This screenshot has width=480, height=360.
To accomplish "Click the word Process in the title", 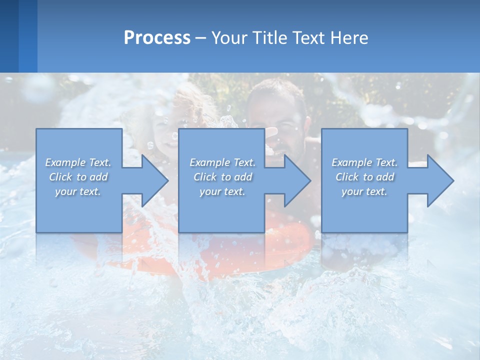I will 157,38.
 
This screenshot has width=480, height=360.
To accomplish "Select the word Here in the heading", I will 349,38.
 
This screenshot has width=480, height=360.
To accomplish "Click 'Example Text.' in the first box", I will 78,162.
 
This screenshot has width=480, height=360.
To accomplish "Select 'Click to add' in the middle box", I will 222,177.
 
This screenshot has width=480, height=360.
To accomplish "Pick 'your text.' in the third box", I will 364,191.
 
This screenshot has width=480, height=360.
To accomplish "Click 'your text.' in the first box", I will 78,191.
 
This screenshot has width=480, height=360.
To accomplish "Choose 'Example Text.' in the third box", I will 364,162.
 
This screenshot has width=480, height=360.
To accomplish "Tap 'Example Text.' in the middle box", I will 222,162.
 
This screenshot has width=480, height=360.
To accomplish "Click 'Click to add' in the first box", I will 78,177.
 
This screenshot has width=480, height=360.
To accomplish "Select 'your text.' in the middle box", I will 222,191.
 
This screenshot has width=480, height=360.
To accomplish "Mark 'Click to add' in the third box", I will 364,177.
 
